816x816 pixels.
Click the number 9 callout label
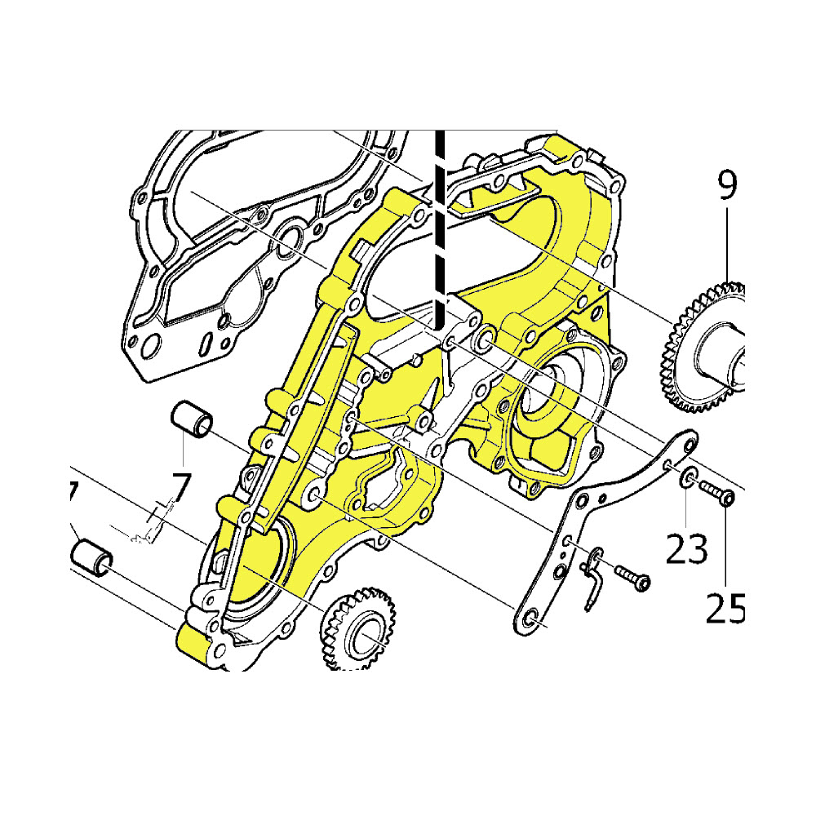(x=726, y=186)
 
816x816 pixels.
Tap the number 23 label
(x=686, y=549)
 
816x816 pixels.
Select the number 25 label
(x=726, y=608)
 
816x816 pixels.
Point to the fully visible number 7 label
(x=180, y=487)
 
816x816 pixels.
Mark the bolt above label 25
(x=715, y=494)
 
